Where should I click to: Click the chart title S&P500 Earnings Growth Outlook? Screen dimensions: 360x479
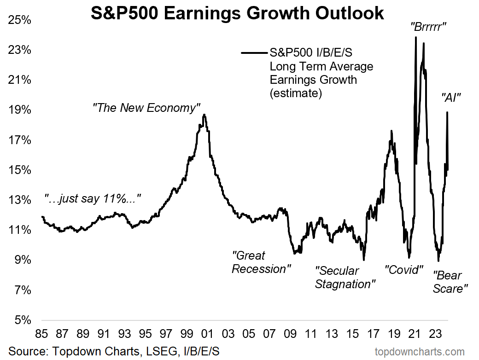[x=237, y=13]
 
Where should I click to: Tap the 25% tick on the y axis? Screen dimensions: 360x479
[x=19, y=20]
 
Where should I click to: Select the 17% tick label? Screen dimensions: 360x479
[x=19, y=140]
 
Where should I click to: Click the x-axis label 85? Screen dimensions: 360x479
[x=41, y=333]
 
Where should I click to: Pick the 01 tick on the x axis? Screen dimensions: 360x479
[x=206, y=333]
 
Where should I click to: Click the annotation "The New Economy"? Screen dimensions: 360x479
[x=146, y=108]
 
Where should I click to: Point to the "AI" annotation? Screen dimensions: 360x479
[x=451, y=97]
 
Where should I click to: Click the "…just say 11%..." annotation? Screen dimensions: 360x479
[x=92, y=199]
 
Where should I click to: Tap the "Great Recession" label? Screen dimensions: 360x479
[x=261, y=262]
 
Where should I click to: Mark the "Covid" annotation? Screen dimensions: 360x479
[x=404, y=270]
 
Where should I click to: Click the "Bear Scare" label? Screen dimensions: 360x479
[x=450, y=282]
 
